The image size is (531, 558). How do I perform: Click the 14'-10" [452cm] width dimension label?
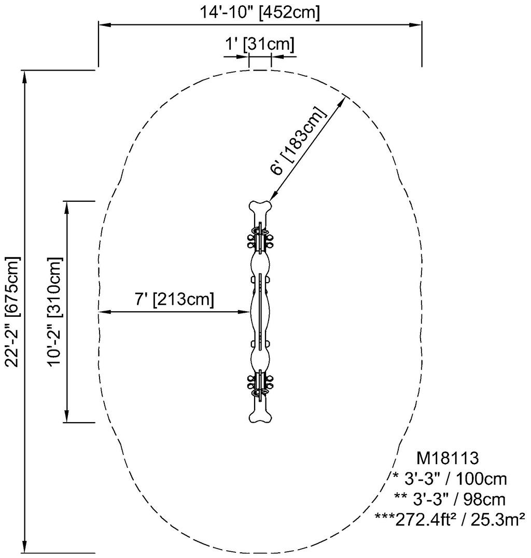(x=260, y=12)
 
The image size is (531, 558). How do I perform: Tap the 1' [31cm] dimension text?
(x=259, y=45)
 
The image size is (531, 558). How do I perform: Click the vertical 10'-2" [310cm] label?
(x=54, y=311)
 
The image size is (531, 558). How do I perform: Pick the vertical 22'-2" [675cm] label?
(x=12, y=311)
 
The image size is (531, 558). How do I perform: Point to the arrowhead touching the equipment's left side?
(x=246, y=312)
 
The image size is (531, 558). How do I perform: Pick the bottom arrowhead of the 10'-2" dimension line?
(x=66, y=417)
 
